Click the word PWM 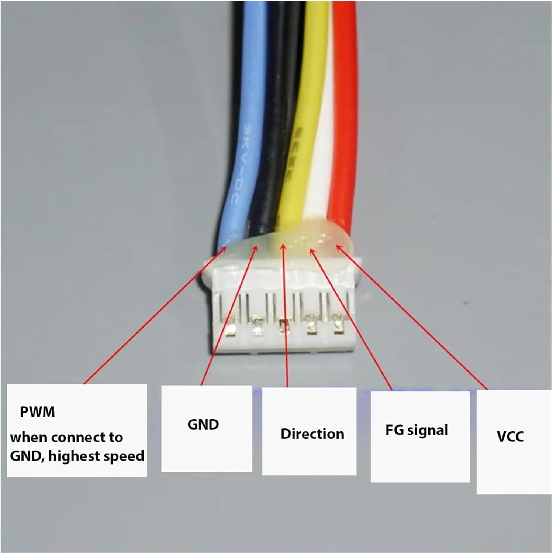[x=37, y=411]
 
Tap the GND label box [x=206, y=428]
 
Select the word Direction [x=312, y=434]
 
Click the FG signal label [x=417, y=430]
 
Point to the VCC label [x=510, y=437]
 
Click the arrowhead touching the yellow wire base [x=283, y=247]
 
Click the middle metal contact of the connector [x=283, y=327]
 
